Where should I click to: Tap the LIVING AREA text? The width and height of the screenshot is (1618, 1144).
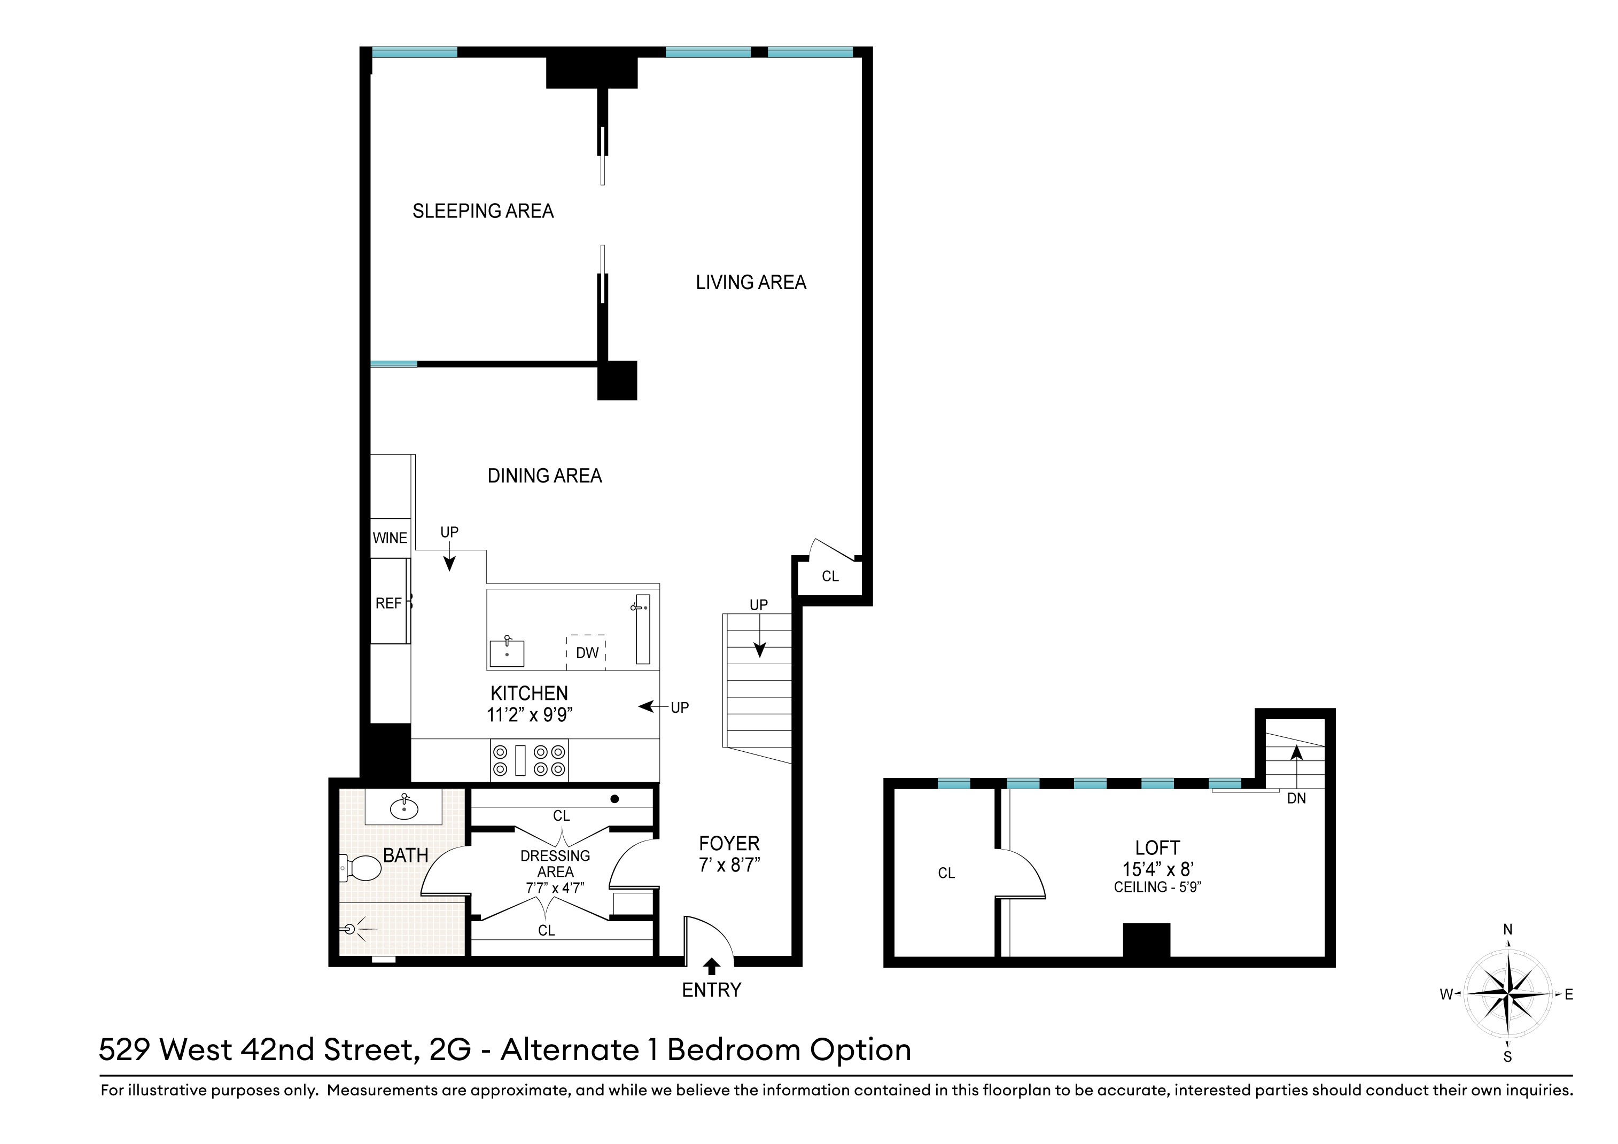pos(751,282)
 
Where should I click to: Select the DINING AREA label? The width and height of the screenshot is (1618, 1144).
pos(544,476)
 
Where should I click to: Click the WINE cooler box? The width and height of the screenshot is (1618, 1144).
pos(390,538)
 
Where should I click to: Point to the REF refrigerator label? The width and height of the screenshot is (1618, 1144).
pos(388,603)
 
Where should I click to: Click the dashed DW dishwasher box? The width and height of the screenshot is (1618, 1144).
pos(586,653)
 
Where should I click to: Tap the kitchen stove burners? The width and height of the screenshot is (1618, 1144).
pos(529,760)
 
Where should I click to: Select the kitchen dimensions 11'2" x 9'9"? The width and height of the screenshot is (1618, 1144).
pos(529,715)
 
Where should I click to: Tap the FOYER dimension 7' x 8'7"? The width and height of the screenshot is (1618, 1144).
pos(729,865)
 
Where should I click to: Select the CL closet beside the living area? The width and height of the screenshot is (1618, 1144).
pos(830,577)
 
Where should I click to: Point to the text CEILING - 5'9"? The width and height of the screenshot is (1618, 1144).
pos(1157,888)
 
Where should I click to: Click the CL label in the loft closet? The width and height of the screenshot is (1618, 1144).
pos(946,873)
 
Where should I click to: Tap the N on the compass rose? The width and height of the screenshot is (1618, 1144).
pos(1507,930)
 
